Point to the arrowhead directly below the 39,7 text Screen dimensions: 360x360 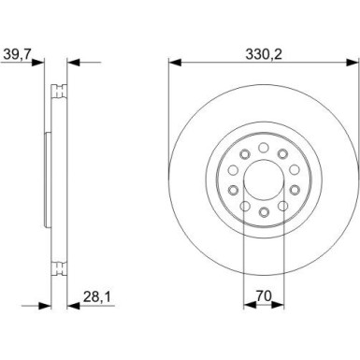41,65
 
